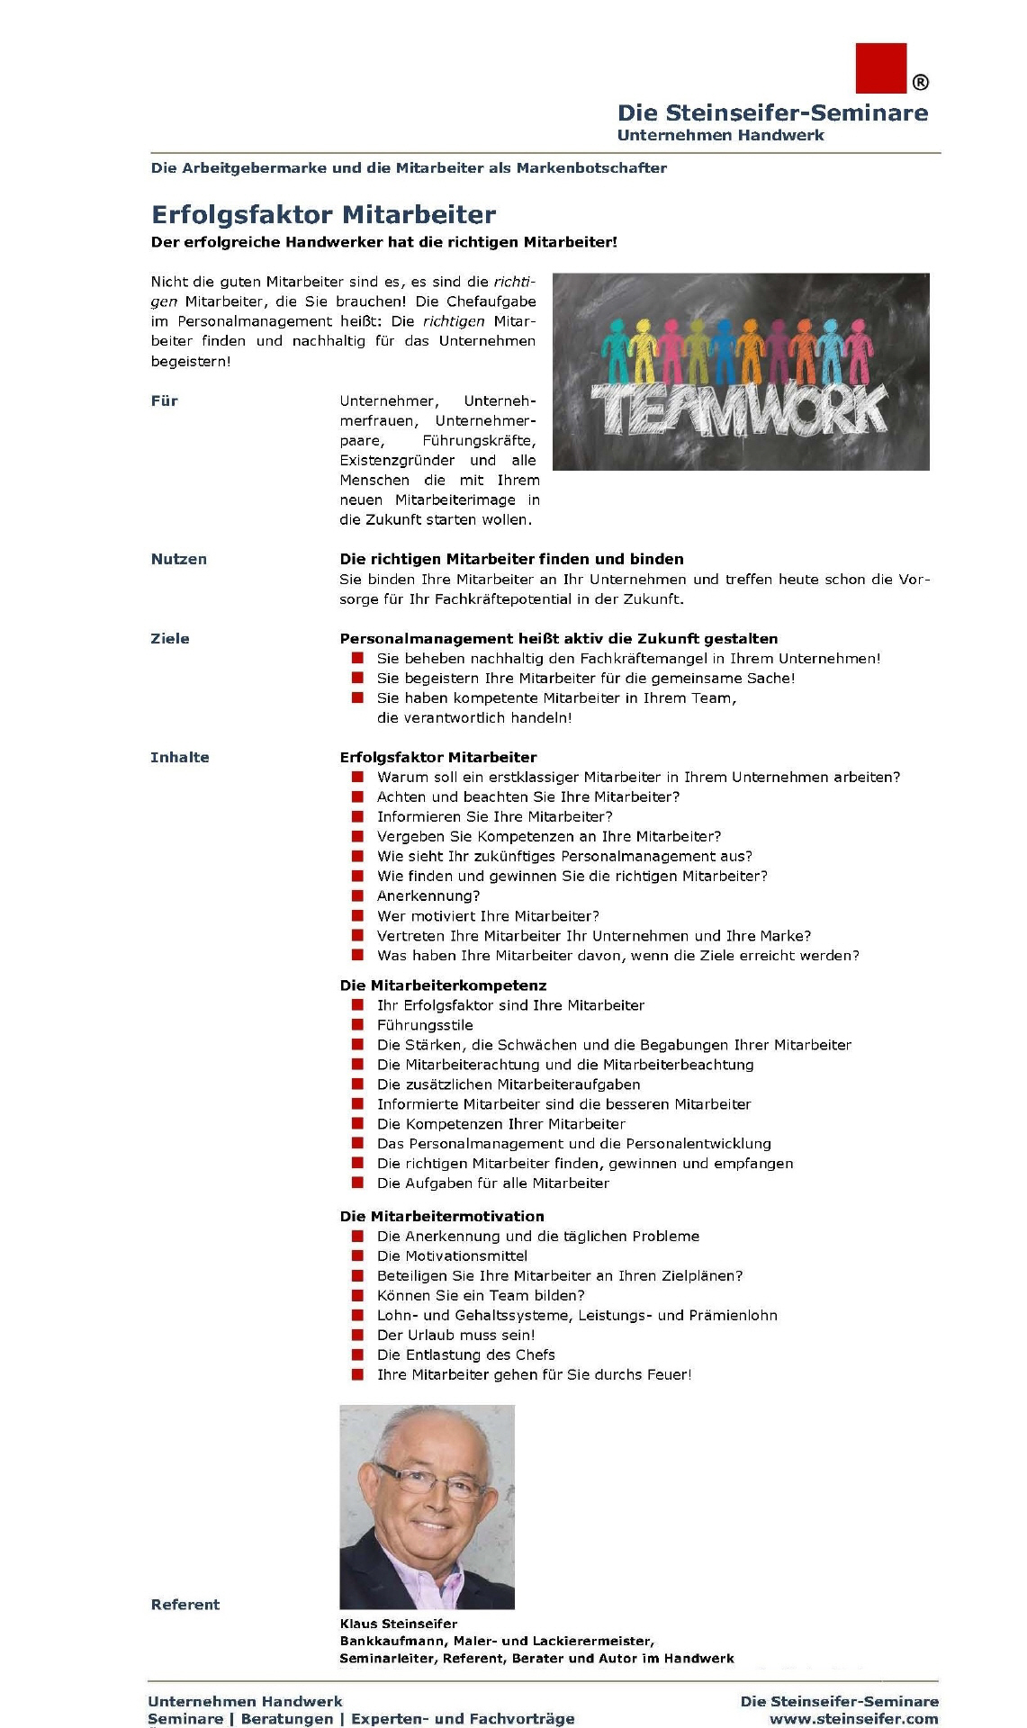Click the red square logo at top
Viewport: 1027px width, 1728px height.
(880, 67)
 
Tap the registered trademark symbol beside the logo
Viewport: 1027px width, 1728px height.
(920, 83)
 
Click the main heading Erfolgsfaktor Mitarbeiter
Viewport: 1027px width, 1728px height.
(323, 214)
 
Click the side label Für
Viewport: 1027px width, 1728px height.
(165, 400)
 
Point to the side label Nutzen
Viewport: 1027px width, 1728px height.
(179, 559)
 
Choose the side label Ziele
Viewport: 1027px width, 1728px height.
(170, 638)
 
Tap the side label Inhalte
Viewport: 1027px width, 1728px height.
(180, 757)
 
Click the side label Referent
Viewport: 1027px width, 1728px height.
(185, 1604)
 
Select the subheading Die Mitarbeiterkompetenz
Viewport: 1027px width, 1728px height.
(443, 985)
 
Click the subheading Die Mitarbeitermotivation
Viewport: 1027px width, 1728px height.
(442, 1216)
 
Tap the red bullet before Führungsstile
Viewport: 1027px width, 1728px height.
(357, 1025)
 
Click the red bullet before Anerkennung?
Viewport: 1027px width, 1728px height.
(357, 895)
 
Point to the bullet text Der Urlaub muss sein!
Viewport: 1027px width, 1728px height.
(455, 1335)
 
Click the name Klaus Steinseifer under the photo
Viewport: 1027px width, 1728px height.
(399, 1624)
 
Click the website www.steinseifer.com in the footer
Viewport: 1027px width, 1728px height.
(853, 1718)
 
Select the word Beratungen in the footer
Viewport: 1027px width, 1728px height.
(287, 1718)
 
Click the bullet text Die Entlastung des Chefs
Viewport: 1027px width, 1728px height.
(465, 1354)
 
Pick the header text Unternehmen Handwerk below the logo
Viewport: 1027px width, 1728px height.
(720, 135)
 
